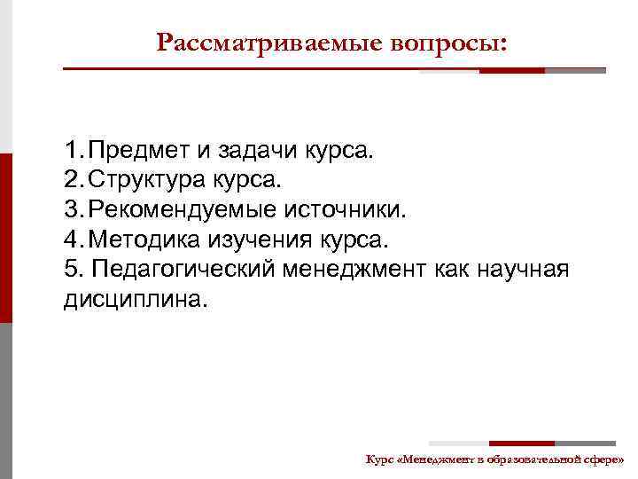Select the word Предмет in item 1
tap(144, 151)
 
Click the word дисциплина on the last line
tap(134, 299)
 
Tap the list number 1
tap(72, 151)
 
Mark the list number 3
tap(72, 210)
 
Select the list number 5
tap(72, 270)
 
